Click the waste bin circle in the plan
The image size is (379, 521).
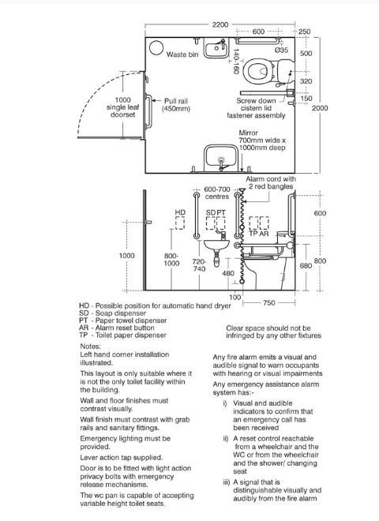pyautogui.click(x=156, y=47)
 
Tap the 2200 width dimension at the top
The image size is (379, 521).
pyautogui.click(x=220, y=24)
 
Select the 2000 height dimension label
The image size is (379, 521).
pyautogui.click(x=320, y=108)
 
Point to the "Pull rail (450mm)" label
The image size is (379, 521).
pyautogui.click(x=176, y=105)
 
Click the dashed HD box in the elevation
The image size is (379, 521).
pyautogui.click(x=180, y=223)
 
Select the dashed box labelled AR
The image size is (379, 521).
pyautogui.click(x=265, y=223)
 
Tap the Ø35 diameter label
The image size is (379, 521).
pyautogui.click(x=281, y=50)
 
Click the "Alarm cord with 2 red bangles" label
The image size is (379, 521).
pyautogui.click(x=271, y=182)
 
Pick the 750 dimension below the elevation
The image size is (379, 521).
pyautogui.click(x=269, y=302)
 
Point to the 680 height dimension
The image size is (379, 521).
pyautogui.click(x=306, y=265)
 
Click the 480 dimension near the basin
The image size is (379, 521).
pyautogui.click(x=228, y=273)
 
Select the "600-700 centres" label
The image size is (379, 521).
pyautogui.click(x=217, y=193)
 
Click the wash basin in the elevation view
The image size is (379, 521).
pyautogui.click(x=216, y=245)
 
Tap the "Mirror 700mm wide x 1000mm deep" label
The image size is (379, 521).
pyautogui.click(x=262, y=141)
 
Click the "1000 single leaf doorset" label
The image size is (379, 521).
pyautogui.click(x=122, y=107)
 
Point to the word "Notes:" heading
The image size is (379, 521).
pyautogui.click(x=90, y=347)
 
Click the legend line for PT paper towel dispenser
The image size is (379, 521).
pyautogui.click(x=123, y=320)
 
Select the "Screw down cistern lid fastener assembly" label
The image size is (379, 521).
pyautogui.click(x=256, y=108)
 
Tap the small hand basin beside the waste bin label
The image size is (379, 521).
pyautogui.click(x=216, y=48)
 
